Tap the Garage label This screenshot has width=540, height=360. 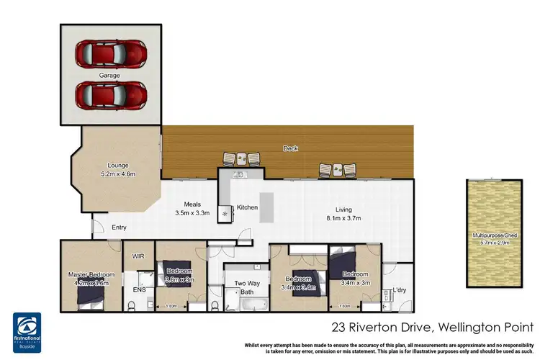click(110, 75)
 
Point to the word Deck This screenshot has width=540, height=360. click(290, 149)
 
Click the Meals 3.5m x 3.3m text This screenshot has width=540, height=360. click(192, 209)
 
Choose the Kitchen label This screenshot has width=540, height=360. click(248, 207)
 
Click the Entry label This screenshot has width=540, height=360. click(120, 228)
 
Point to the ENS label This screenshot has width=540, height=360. click(138, 290)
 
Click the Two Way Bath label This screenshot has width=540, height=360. click(247, 288)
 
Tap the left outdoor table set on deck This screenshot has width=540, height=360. click(237, 160)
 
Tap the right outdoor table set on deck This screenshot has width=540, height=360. click(337, 168)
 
